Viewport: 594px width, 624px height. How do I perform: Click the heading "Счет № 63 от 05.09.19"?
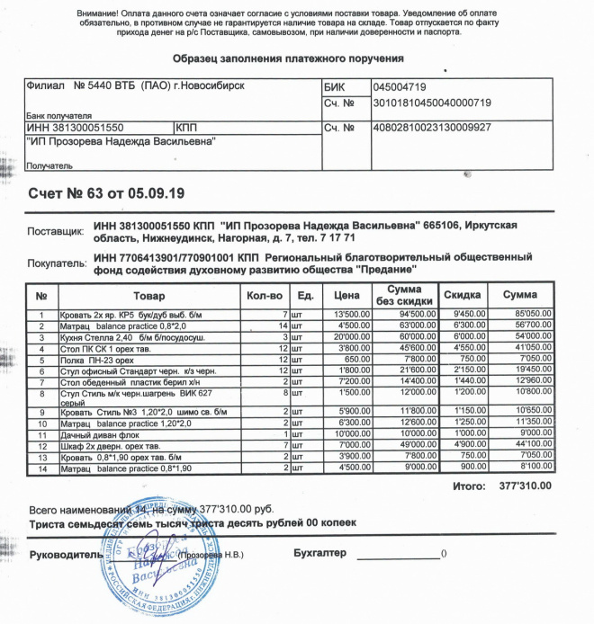click(105, 192)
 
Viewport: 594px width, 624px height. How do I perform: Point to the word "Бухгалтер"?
click(319, 552)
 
